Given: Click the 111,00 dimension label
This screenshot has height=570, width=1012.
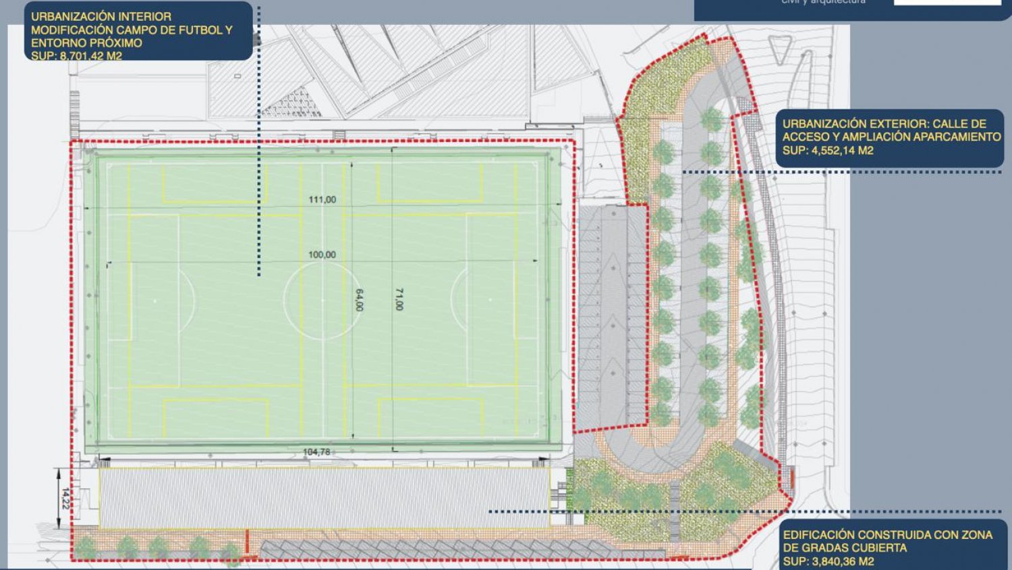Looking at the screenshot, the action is coord(322,200).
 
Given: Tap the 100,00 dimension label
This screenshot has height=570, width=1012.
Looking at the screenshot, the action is coord(322,255).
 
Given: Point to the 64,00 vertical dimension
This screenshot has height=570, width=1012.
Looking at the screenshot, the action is coord(359,300).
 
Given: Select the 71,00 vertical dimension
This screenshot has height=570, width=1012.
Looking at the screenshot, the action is coord(399,299).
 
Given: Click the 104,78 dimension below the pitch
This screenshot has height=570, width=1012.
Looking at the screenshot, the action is coord(316,452).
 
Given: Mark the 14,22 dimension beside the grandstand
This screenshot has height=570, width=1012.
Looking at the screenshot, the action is coord(65,498).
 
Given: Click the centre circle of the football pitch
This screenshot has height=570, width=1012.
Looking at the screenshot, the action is coord(322,300).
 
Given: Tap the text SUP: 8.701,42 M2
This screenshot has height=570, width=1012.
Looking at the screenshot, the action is coord(76,55).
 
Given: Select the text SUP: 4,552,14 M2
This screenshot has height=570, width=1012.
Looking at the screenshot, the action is coord(828,150).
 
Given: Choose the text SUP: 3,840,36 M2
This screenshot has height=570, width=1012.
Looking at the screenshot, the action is coord(828,561).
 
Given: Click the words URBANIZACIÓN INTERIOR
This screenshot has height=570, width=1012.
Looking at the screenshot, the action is coord(101,16).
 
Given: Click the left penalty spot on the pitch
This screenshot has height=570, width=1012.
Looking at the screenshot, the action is coord(154,300).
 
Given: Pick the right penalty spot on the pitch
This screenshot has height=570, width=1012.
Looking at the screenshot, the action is coord(490,300).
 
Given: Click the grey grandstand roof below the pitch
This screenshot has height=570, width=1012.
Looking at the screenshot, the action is coord(324,497).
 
